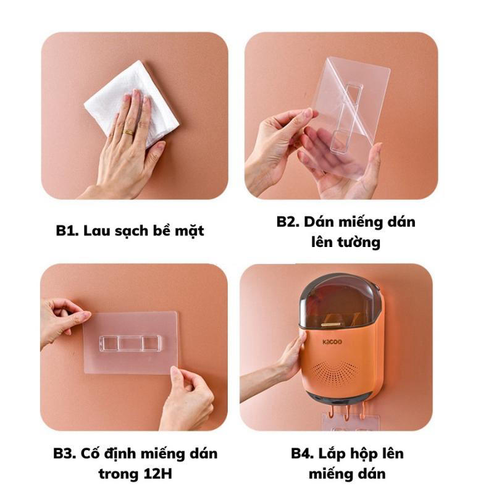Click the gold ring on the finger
click(x=128, y=132)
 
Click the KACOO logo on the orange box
click(x=332, y=342)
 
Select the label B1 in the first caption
click(x=67, y=230)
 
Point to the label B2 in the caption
click(x=288, y=222)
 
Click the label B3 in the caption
click(x=64, y=454)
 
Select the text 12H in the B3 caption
click(x=157, y=474)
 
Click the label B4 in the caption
click(x=303, y=454)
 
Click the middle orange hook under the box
click(x=346, y=413)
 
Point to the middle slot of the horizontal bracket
click(x=130, y=343)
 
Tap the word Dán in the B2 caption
click(x=316, y=222)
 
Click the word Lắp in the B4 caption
click(x=331, y=454)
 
